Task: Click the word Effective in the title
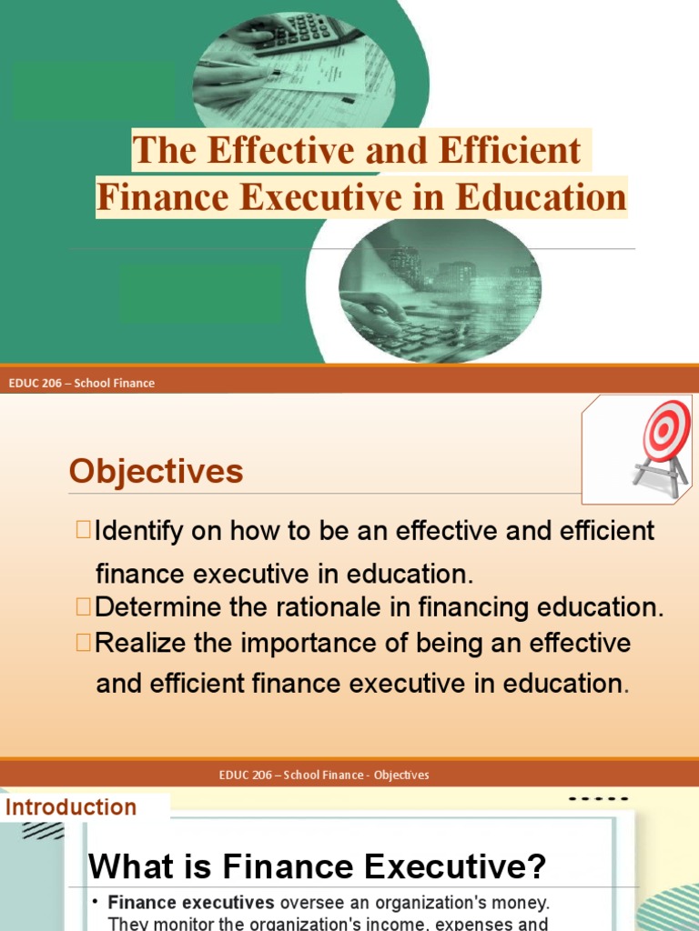point(266,151)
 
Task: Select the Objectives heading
point(156,471)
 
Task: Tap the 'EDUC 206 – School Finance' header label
point(81,383)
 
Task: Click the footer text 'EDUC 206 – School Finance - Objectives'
point(324,775)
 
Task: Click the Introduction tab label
point(71,807)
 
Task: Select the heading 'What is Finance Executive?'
point(318,866)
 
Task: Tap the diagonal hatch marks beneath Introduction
point(42,829)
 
